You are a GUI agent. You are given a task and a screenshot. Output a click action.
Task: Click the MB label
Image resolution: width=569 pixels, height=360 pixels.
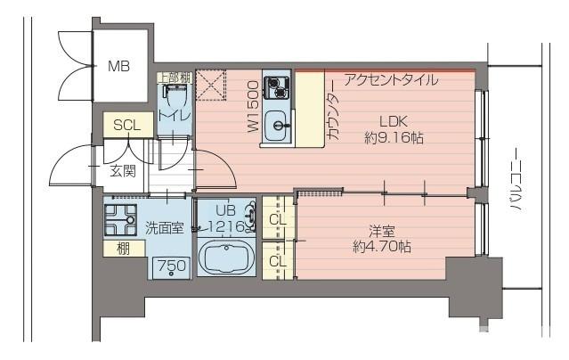pyautogui.click(x=118, y=66)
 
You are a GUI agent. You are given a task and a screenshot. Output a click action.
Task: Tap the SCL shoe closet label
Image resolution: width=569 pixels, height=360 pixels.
pyautogui.click(x=126, y=126)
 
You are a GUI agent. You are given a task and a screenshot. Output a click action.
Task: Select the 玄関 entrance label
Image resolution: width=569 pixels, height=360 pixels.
pyautogui.click(x=123, y=170)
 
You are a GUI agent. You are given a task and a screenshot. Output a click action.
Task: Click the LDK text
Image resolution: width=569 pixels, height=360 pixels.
pyautogui.click(x=393, y=121)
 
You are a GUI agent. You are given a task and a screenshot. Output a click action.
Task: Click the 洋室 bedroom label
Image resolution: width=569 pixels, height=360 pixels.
pyautogui.click(x=381, y=228)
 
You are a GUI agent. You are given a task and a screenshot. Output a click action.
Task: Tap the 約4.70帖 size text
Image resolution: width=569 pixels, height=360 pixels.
pyautogui.click(x=381, y=246)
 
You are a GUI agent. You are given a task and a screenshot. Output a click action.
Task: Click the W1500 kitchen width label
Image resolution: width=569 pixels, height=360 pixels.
pyautogui.click(x=253, y=107)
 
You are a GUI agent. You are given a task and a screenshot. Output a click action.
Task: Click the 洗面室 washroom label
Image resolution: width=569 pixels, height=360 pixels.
pyautogui.click(x=165, y=228)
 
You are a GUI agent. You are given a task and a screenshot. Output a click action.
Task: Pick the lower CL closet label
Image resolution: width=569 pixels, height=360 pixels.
pyautogui.click(x=277, y=261)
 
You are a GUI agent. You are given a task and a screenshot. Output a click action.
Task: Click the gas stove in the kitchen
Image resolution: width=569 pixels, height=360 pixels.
pyautogui.click(x=278, y=88)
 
